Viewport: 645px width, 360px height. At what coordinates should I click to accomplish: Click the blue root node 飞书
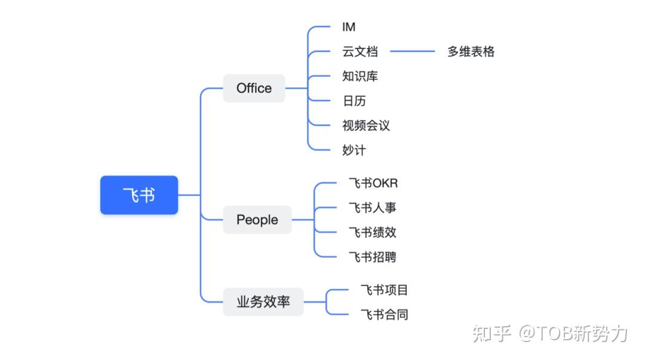(x=139, y=195)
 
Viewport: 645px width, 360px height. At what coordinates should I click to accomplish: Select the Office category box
(x=254, y=88)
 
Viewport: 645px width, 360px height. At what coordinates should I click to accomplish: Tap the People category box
(x=257, y=220)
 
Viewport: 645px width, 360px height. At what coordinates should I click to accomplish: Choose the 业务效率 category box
(x=263, y=302)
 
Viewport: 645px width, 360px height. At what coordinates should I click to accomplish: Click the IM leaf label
(x=349, y=27)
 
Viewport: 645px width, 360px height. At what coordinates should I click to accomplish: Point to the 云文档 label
(x=360, y=52)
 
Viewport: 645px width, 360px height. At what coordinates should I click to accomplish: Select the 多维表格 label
(x=471, y=52)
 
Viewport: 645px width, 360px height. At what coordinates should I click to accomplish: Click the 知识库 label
(x=360, y=76)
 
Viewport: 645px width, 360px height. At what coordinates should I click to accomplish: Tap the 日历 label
(x=354, y=101)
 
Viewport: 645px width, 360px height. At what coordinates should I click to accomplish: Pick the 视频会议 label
(x=366, y=125)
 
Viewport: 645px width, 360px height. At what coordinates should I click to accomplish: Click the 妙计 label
(x=354, y=150)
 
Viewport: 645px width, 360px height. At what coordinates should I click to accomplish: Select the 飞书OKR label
(x=373, y=183)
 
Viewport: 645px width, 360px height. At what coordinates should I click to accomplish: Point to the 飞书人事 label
(x=373, y=208)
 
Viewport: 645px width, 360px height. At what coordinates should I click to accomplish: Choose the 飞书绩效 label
(x=373, y=232)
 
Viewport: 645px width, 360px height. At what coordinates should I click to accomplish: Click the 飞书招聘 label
(x=373, y=257)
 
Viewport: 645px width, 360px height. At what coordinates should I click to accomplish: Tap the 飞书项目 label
(x=384, y=290)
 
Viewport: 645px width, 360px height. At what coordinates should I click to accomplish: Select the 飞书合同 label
(x=384, y=315)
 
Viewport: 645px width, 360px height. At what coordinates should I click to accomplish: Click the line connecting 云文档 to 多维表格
(x=412, y=52)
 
